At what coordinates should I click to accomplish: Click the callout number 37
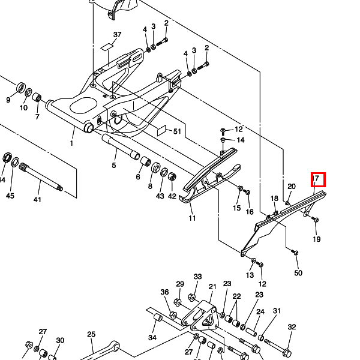[117, 35]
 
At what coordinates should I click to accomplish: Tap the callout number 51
[177, 131]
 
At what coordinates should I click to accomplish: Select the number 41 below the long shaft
[37, 200]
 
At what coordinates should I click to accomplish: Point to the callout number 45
[10, 196]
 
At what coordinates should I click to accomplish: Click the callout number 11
[192, 218]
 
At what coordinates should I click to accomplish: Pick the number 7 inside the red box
[317, 179]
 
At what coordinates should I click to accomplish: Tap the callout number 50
[298, 273]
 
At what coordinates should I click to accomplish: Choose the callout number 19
[317, 239]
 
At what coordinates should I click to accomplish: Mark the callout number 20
[292, 187]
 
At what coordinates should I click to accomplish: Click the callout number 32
[292, 327]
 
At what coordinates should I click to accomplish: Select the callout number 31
[277, 311]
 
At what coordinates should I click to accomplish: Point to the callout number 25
[91, 334]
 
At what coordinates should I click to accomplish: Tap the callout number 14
[241, 140]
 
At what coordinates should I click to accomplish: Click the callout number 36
[164, 292]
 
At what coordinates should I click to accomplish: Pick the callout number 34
[152, 338]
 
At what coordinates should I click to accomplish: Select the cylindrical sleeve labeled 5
[119, 148]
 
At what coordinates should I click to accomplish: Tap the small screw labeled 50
[295, 253]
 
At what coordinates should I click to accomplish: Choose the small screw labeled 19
[315, 220]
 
